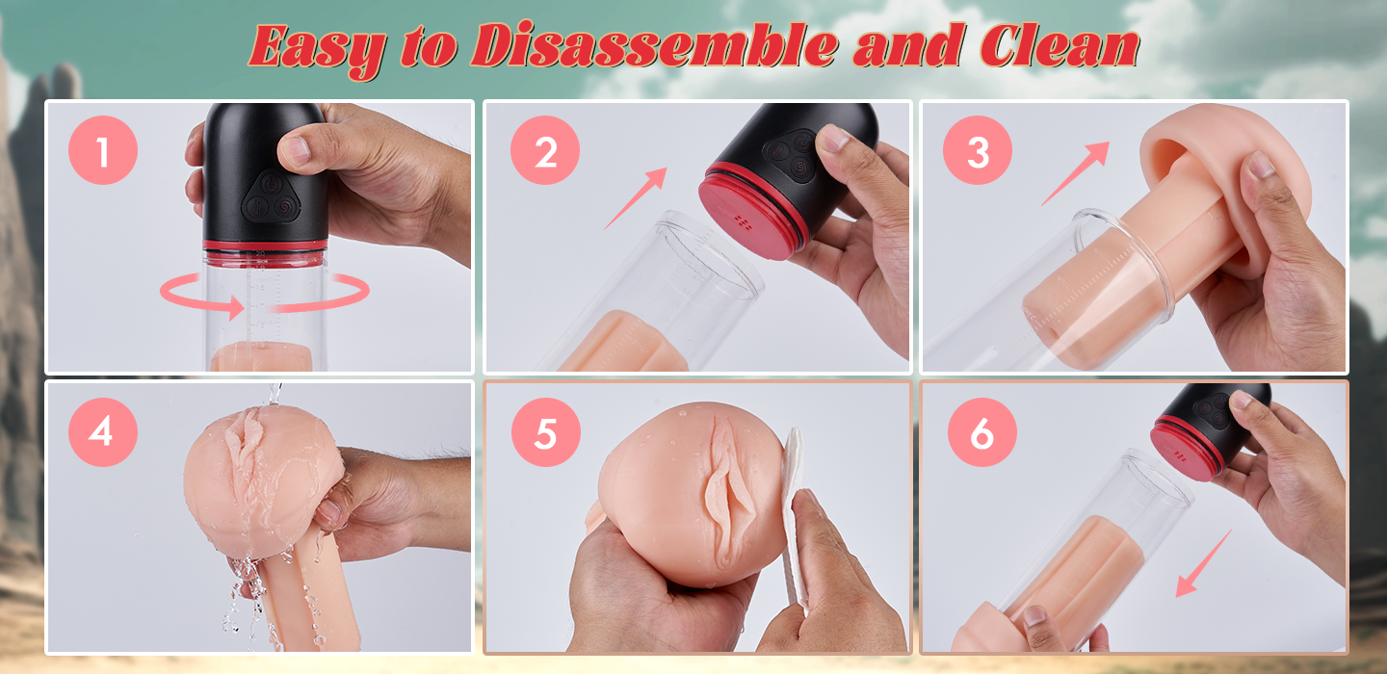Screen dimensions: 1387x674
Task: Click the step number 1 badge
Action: pyautogui.click(x=103, y=150)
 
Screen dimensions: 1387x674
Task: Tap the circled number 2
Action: pyautogui.click(x=545, y=150)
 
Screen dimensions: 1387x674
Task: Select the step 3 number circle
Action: pyautogui.click(x=977, y=150)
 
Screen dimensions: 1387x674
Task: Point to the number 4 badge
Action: pyautogui.click(x=103, y=431)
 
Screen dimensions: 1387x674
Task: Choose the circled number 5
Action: pyautogui.click(x=545, y=432)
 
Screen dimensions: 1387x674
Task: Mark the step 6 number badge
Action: pyautogui.click(x=982, y=432)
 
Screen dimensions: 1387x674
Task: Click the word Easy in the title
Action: pyautogui.click(x=318, y=49)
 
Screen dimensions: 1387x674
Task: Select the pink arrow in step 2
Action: pyautogui.click(x=636, y=198)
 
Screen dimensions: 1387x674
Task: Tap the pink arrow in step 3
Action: pyautogui.click(x=1076, y=173)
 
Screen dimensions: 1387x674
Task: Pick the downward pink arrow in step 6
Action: pyautogui.click(x=1203, y=563)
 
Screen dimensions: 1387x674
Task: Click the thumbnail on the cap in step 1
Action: pyautogui.click(x=296, y=149)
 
